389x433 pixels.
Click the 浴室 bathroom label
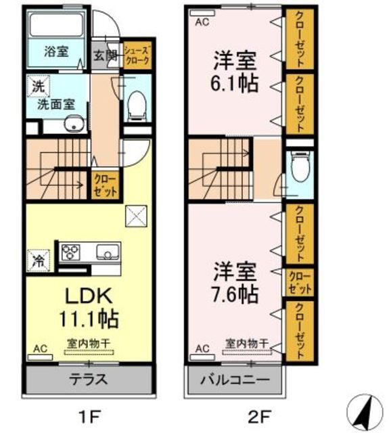[57, 51]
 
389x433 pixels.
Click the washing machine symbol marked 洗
[35, 87]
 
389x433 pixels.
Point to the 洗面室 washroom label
[55, 105]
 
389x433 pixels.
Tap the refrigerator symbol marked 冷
[38, 258]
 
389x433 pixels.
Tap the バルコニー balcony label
[234, 380]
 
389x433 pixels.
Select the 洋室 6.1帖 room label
[233, 72]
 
